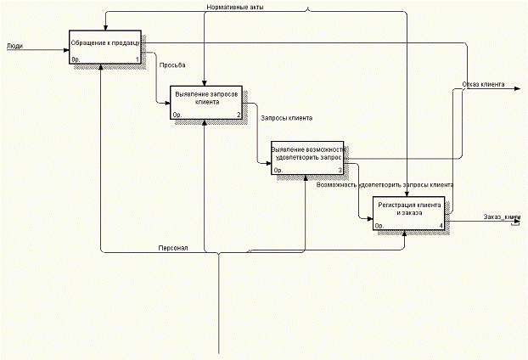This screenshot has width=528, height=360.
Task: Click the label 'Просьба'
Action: [x=172, y=65]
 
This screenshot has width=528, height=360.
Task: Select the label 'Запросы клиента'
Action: [x=286, y=118]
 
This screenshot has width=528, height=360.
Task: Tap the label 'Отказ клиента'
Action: [x=483, y=85]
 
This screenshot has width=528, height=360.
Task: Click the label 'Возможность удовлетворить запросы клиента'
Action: [x=384, y=184]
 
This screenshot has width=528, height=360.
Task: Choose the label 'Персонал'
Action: [x=173, y=248]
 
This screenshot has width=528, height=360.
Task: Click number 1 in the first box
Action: [x=136, y=59]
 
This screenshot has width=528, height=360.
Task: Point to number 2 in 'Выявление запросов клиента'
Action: [x=239, y=115]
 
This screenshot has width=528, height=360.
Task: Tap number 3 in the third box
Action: [x=340, y=170]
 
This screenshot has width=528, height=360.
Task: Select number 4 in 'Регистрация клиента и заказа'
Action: [x=441, y=225]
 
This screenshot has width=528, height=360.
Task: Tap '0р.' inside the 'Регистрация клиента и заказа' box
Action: [x=379, y=226]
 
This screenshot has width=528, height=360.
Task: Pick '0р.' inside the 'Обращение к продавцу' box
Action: [x=76, y=59]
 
